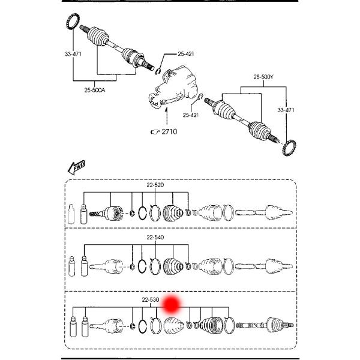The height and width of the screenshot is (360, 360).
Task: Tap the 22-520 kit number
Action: [x=155, y=185]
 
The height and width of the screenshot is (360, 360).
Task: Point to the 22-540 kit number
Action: [x=155, y=237]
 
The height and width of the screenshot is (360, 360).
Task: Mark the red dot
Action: [x=172, y=304]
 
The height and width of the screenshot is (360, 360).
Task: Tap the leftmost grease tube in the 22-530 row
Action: [x=73, y=329]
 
